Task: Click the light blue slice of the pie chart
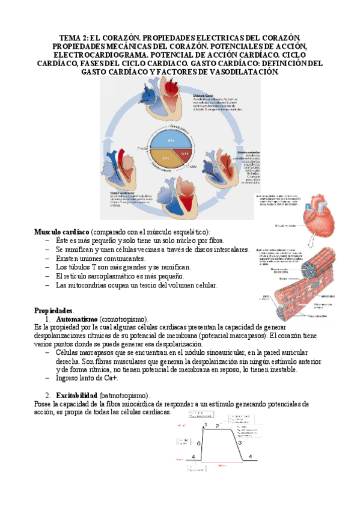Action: (x=170, y=140)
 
